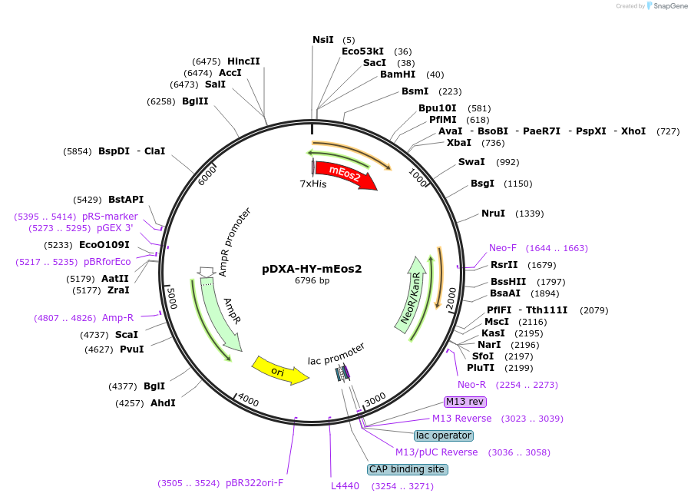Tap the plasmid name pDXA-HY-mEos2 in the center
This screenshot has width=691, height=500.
click(x=312, y=269)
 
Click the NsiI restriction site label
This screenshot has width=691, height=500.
click(x=323, y=40)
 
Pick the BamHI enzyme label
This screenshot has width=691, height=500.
click(x=398, y=75)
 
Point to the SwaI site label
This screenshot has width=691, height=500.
click(x=471, y=162)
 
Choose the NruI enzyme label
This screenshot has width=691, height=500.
click(x=493, y=213)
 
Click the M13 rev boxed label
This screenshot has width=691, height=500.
click(x=465, y=402)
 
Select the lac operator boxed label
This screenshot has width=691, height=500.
click(x=443, y=435)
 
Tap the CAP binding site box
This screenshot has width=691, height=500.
click(x=407, y=469)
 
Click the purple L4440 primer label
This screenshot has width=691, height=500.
click(x=345, y=486)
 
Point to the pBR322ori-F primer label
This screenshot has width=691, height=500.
click(x=254, y=483)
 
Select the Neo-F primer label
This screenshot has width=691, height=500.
click(x=503, y=248)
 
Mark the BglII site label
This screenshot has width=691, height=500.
click(x=195, y=101)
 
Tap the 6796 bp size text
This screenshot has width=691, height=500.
click(x=312, y=281)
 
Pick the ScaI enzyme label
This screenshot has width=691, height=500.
click(x=127, y=334)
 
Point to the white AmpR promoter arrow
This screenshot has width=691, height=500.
click(x=206, y=271)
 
